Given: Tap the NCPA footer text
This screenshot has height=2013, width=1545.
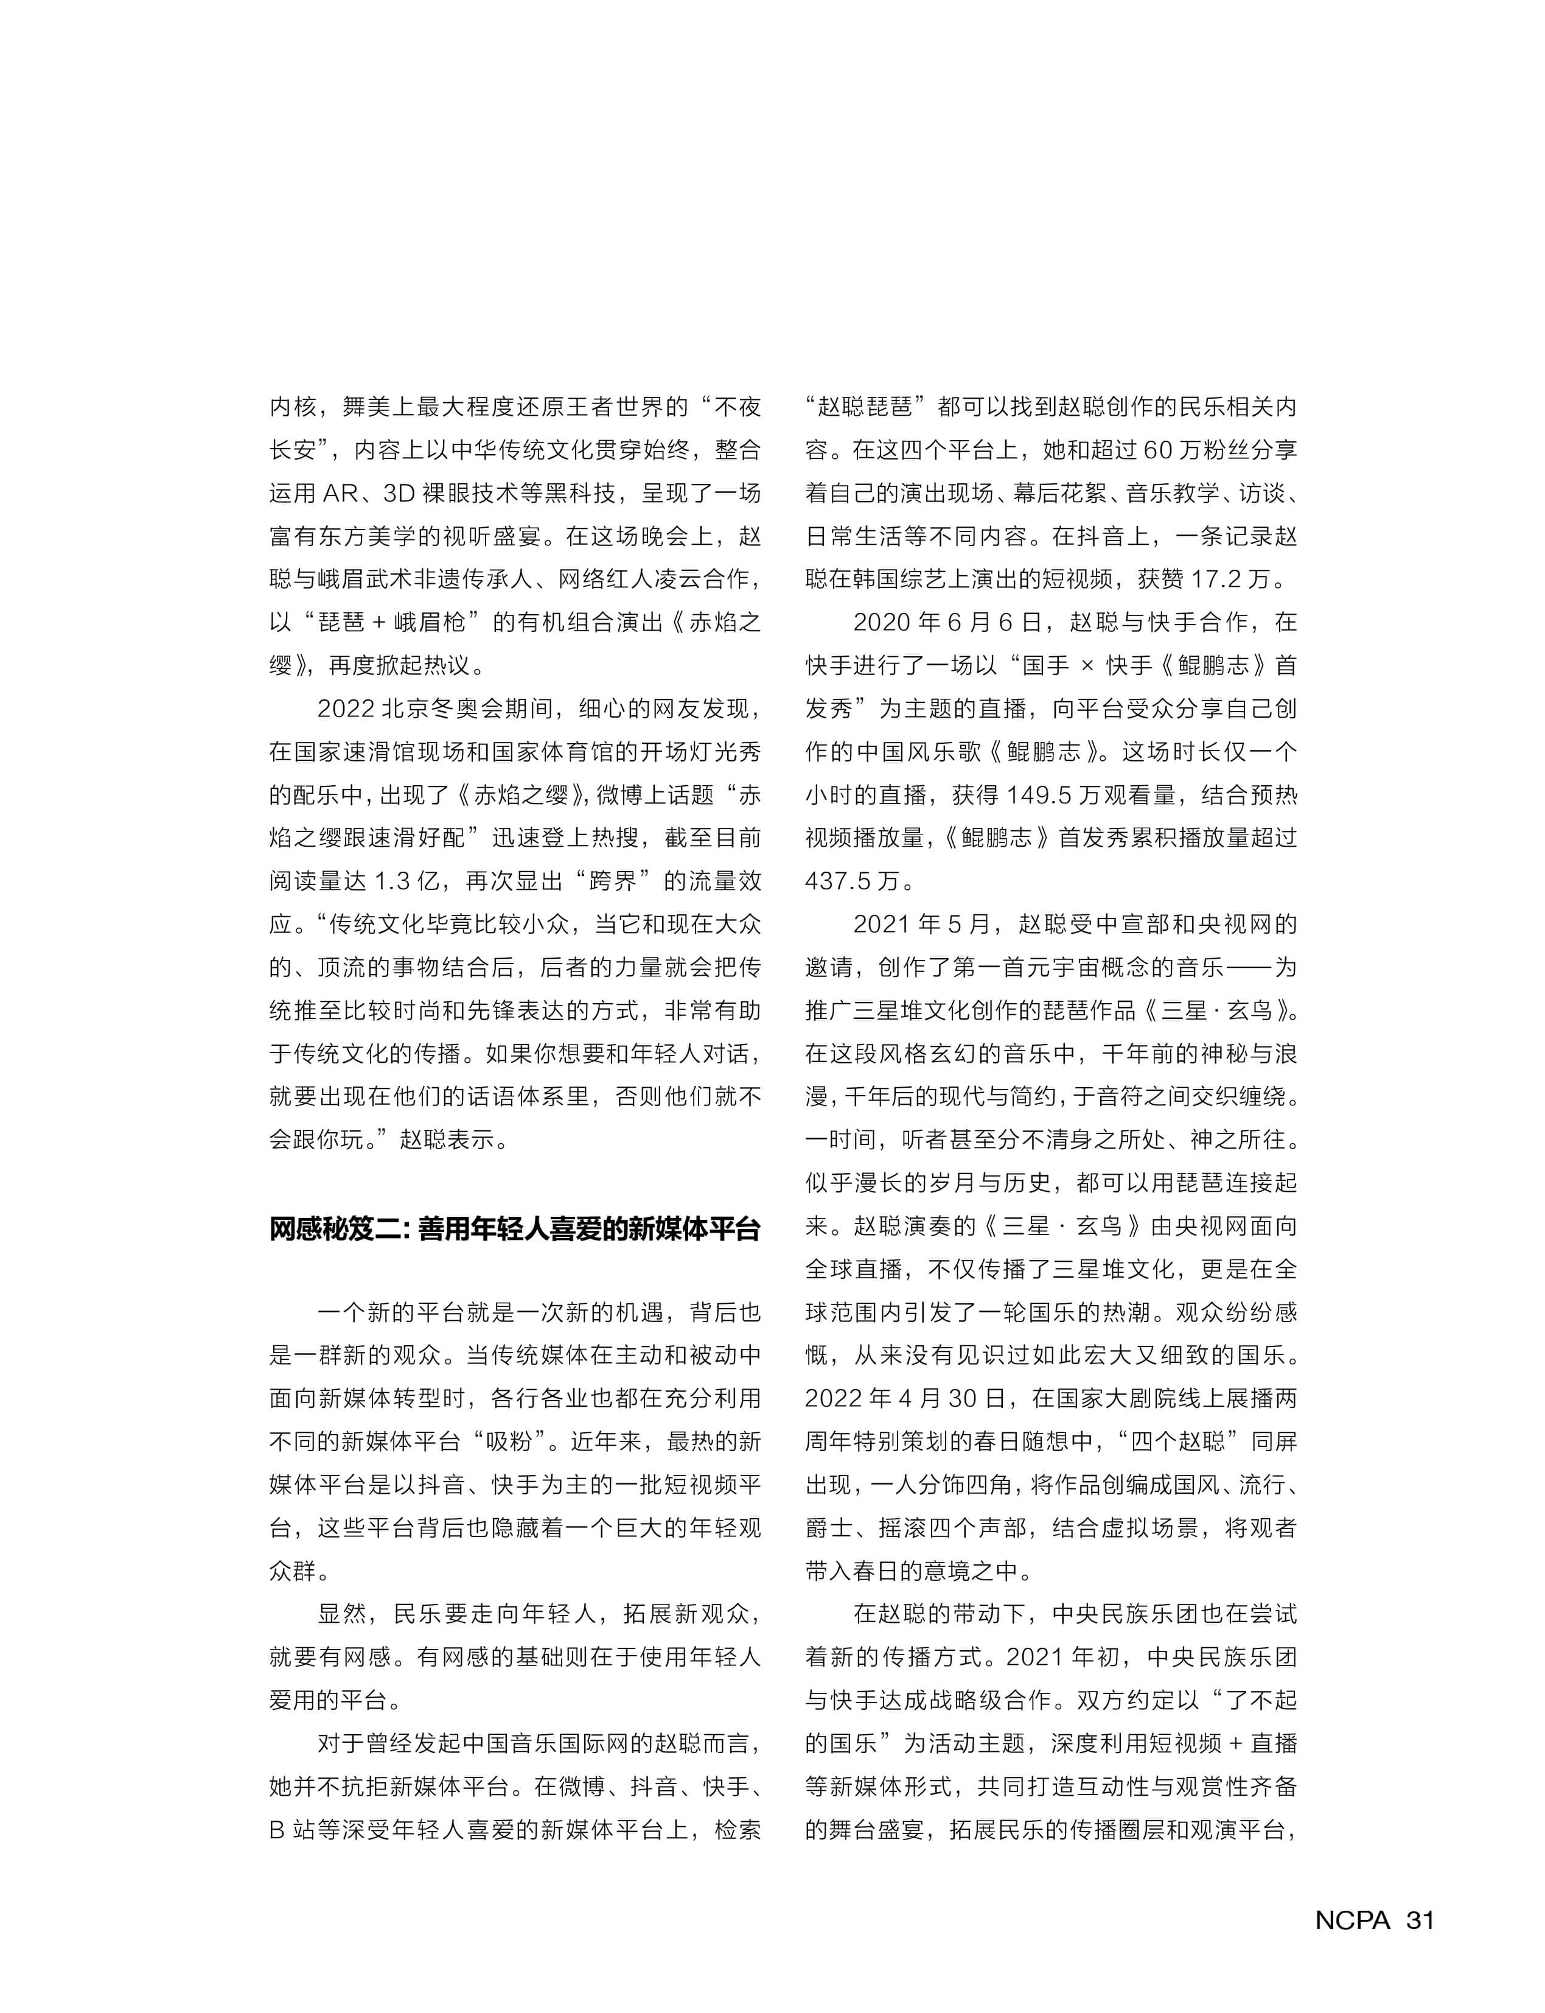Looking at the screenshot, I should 1352,1920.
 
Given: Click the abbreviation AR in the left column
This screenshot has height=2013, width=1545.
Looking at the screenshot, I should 340,493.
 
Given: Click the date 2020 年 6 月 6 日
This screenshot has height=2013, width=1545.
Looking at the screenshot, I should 947,623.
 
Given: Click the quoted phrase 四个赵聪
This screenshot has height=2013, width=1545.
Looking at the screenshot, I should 1179,1441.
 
